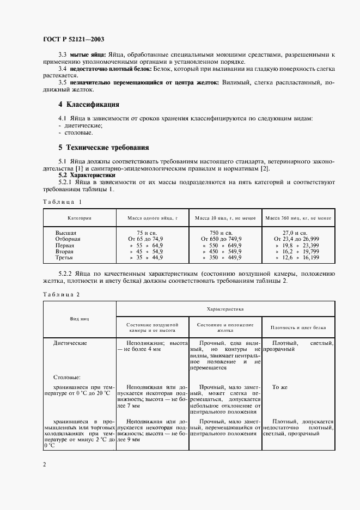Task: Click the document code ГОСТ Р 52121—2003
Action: pos(73,40)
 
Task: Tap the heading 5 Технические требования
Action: pos(103,148)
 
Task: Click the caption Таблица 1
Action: pos(62,202)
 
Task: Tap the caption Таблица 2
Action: pos(62,294)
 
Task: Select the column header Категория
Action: pos(80,217)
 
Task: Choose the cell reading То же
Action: pos(279,387)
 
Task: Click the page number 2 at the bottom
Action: pos(45,464)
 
